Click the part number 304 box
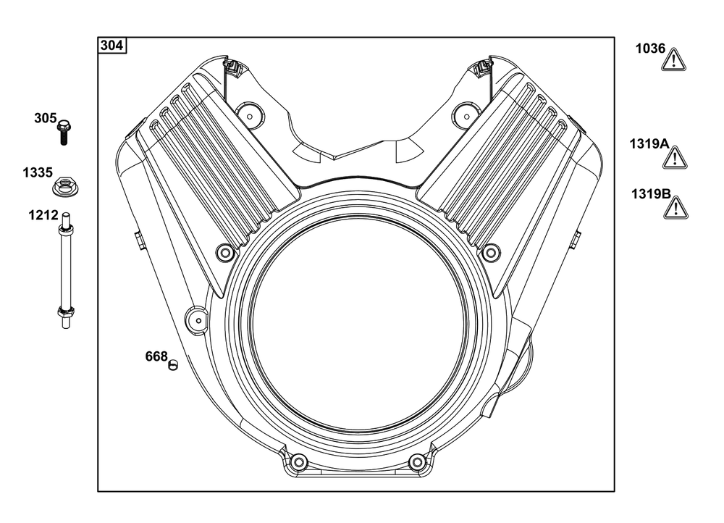pos(112,46)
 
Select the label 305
pos(45,118)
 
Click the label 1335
pos(37,172)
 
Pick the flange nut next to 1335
pos(65,187)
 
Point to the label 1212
pos(43,215)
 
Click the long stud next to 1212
pos(65,271)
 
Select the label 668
pos(156,356)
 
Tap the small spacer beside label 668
pos(172,364)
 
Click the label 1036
pos(650,49)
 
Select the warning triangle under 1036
pos(674,59)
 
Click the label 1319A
pos(649,143)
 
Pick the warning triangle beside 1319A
pos(675,157)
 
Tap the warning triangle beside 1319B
pos(675,207)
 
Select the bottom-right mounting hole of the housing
pos(416,461)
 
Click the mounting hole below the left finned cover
pos(225,253)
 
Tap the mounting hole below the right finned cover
pos(491,253)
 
